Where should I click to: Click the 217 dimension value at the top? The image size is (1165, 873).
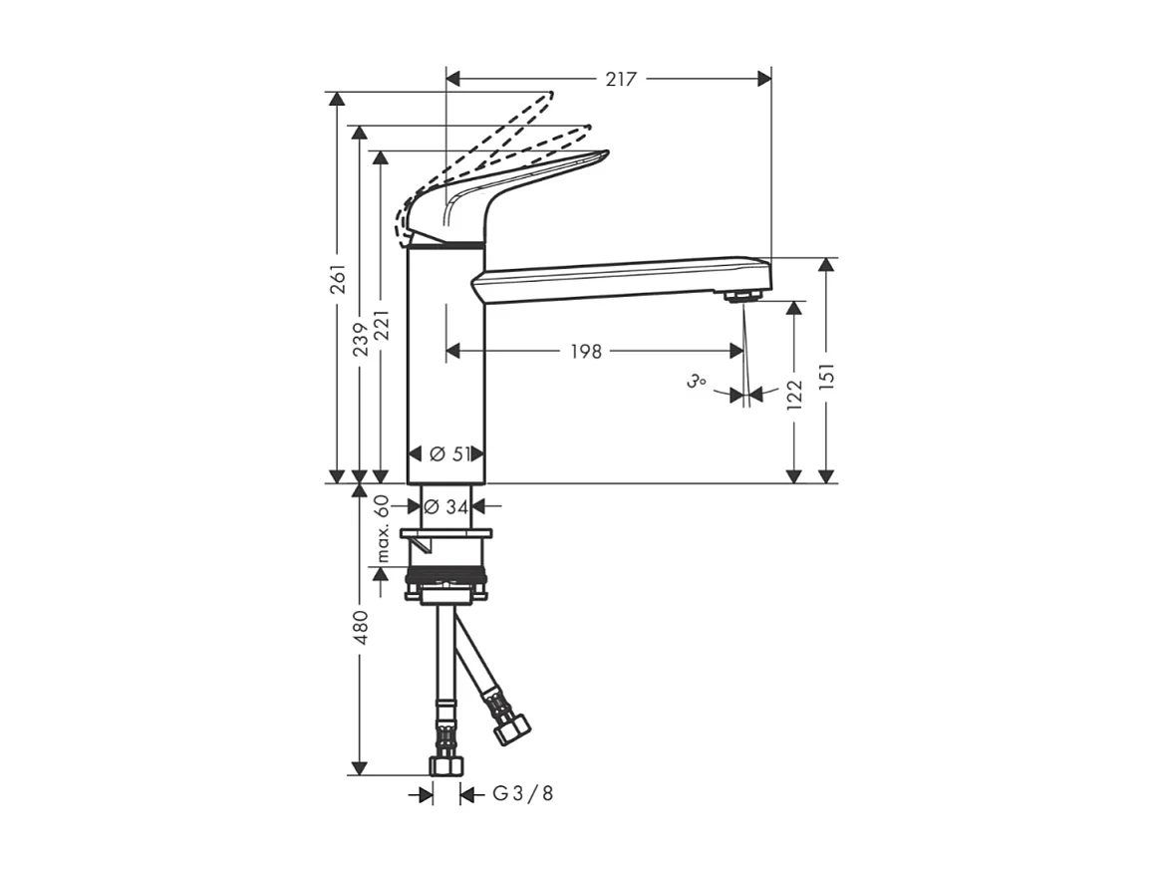621,79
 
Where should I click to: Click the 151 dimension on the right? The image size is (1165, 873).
826,375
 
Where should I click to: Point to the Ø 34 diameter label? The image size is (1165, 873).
444,506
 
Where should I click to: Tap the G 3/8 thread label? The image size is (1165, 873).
522,794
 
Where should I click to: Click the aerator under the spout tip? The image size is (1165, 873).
742,295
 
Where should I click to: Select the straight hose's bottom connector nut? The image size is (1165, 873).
445,765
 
